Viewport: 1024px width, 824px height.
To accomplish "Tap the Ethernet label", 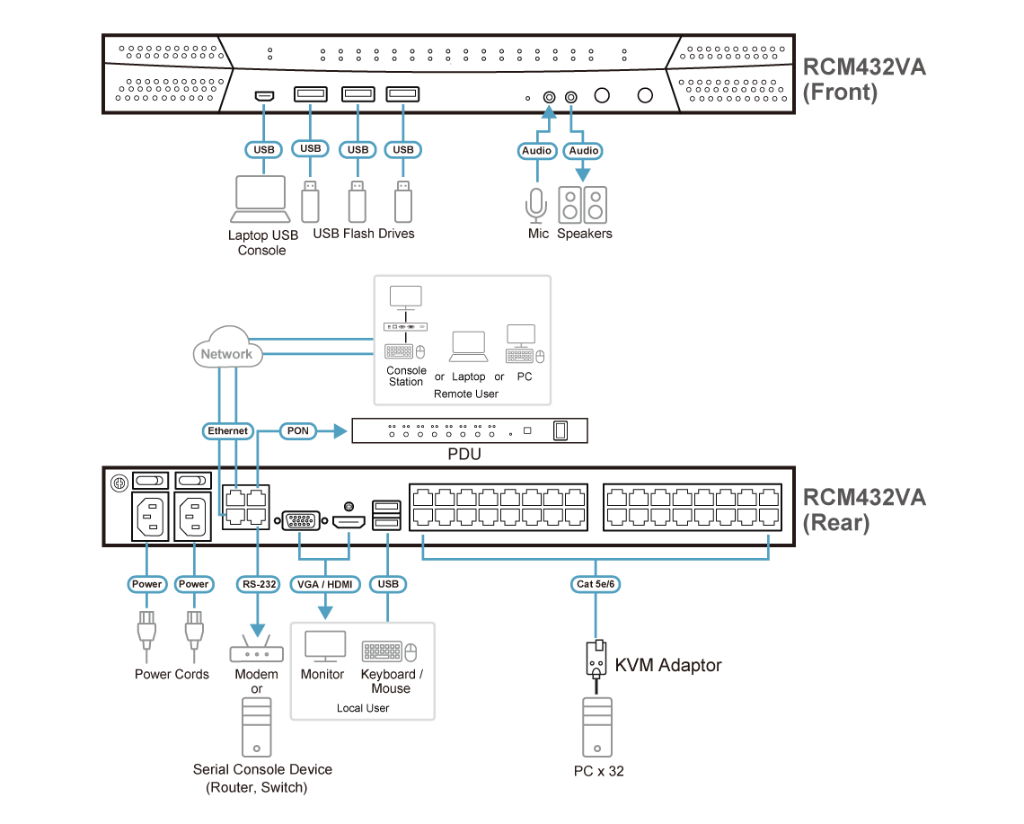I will [227, 431].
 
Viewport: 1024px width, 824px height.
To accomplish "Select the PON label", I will [297, 431].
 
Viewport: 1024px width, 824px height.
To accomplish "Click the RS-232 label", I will [258, 584].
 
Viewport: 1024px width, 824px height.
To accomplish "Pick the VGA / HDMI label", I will [325, 584].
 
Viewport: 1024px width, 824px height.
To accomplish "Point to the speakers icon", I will [582, 205].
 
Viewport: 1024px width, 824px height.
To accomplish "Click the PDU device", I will [469, 432].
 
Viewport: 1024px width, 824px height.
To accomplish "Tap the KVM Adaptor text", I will [668, 666].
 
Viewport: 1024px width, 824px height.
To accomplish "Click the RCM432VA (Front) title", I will [862, 80].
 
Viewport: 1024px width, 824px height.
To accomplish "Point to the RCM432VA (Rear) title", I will [862, 509].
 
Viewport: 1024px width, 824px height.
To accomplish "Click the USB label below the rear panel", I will [388, 584].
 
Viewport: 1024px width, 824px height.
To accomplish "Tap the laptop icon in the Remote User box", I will [468, 347].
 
